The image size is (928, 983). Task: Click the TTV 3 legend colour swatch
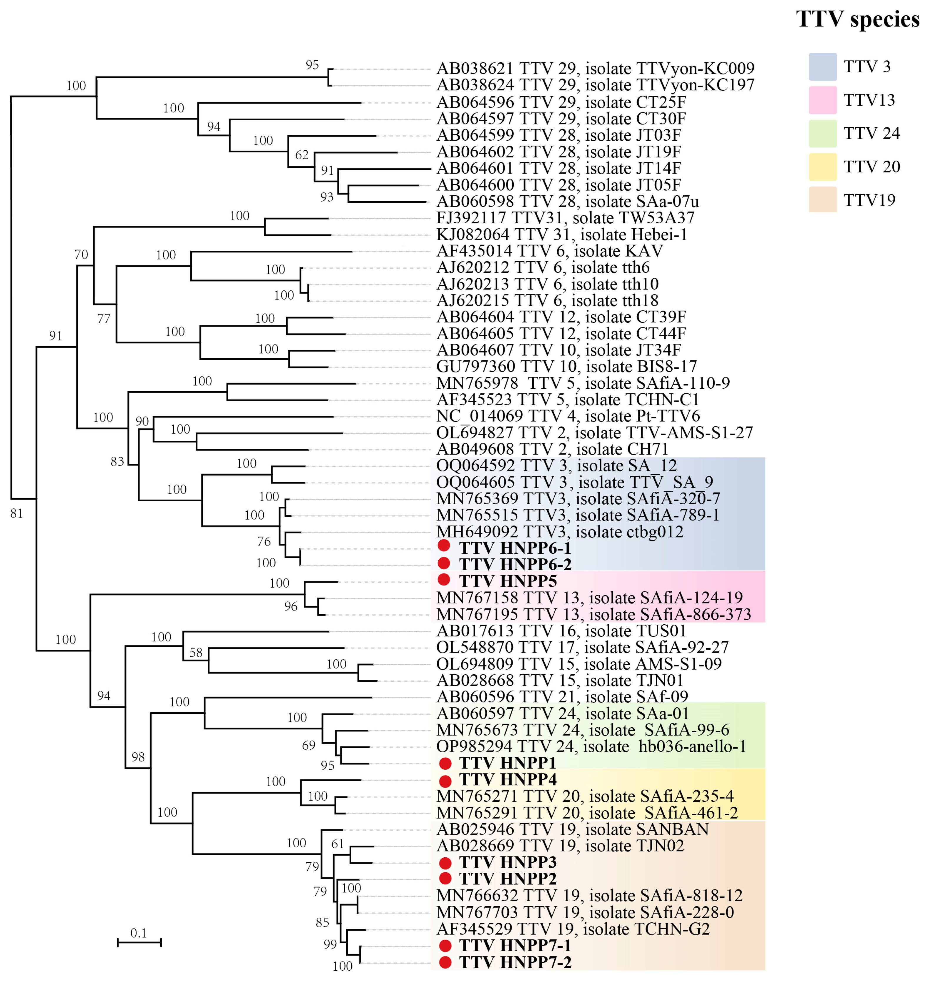tap(822, 67)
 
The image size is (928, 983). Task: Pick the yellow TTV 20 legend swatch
tap(822, 167)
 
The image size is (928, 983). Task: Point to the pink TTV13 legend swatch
tap(822, 100)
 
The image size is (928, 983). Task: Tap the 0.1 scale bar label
tap(139, 932)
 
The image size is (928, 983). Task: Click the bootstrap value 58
tap(196, 653)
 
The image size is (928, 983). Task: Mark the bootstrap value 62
tap(302, 155)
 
